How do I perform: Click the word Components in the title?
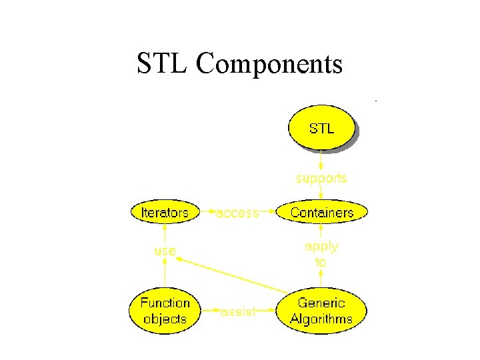269,65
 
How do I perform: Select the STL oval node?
321,128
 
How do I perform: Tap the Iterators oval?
165,213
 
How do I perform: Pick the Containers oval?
321,213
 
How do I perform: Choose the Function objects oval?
165,311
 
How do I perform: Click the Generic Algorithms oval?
321,311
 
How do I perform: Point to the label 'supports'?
321,178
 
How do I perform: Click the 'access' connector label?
237,213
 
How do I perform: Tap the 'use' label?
165,251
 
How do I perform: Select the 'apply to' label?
321,254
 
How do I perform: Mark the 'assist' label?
237,311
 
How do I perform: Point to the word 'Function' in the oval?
165,303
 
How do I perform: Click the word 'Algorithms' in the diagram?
321,319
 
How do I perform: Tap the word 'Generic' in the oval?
321,303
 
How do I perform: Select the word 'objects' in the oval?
165,319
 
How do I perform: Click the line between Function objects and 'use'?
165,275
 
